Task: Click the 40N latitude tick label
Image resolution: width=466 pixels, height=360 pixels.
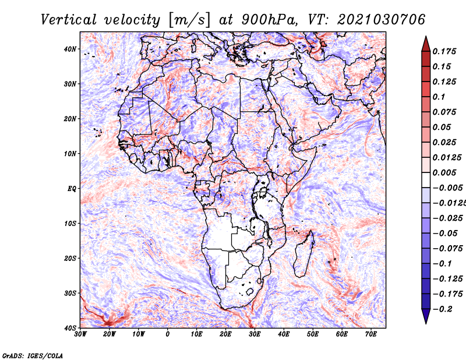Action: (x=69, y=49)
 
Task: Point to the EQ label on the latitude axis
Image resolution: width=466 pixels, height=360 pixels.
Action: (x=72, y=189)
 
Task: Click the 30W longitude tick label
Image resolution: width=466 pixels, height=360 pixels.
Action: (x=80, y=334)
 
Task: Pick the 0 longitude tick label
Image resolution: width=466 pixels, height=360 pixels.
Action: (x=168, y=334)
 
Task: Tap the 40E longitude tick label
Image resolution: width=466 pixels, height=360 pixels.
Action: (x=284, y=334)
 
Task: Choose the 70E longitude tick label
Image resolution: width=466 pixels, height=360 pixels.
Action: (x=371, y=334)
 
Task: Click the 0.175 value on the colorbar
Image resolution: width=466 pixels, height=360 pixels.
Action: (x=444, y=51)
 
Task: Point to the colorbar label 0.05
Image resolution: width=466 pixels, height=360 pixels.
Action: (x=442, y=127)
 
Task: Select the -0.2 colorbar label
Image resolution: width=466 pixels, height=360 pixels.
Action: (x=442, y=309)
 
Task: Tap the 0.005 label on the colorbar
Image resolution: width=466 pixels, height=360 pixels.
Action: (x=444, y=172)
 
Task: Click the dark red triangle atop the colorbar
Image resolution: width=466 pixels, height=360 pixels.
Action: (x=426, y=45)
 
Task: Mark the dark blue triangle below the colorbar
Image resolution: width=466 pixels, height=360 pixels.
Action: (x=426, y=315)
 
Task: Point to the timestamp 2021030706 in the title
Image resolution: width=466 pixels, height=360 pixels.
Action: (x=381, y=20)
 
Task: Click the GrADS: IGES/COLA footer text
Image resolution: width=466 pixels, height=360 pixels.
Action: (x=33, y=356)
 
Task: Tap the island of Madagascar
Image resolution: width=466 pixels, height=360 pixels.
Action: (x=303, y=255)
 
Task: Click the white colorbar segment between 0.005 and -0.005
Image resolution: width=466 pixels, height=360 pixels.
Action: (x=426, y=180)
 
